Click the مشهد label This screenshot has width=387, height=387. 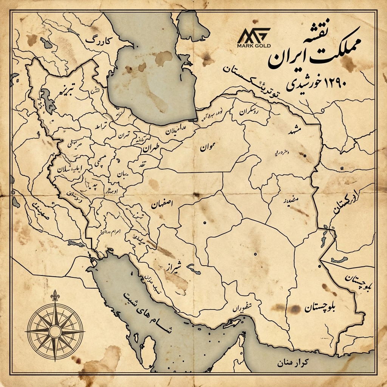point(296,131)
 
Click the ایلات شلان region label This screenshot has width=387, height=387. point(69,170)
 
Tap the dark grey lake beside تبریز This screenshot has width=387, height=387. point(48,101)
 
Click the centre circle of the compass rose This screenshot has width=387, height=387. point(56,331)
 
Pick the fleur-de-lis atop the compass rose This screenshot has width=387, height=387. point(56,296)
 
